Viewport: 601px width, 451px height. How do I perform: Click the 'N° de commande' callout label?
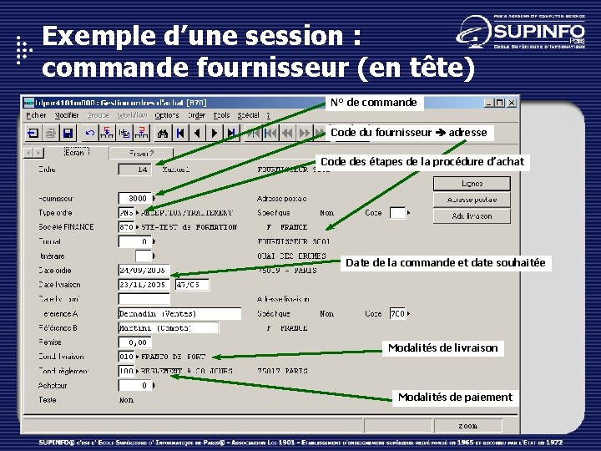click(x=373, y=103)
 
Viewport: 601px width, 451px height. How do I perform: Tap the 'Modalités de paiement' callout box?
click(x=455, y=397)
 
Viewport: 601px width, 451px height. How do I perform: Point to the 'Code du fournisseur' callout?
click(x=407, y=132)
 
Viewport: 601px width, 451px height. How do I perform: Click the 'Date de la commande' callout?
click(x=445, y=262)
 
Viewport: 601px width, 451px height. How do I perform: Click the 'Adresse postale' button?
click(x=471, y=200)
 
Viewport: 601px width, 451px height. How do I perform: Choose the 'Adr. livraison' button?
click(x=471, y=215)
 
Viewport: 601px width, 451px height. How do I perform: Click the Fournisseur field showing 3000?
click(x=134, y=198)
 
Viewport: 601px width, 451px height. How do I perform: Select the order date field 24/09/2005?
click(x=144, y=270)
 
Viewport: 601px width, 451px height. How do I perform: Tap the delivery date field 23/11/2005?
click(x=144, y=285)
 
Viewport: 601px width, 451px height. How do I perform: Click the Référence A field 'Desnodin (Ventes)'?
click(x=179, y=314)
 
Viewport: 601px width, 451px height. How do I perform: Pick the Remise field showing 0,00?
click(x=134, y=342)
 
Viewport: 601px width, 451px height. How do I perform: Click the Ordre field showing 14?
click(x=134, y=169)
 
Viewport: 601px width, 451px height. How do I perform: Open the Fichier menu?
click(x=37, y=115)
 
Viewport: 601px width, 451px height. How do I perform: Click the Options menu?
click(x=167, y=115)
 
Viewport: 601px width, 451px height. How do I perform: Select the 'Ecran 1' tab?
click(x=75, y=153)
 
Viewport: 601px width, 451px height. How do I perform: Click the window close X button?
click(x=511, y=103)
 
